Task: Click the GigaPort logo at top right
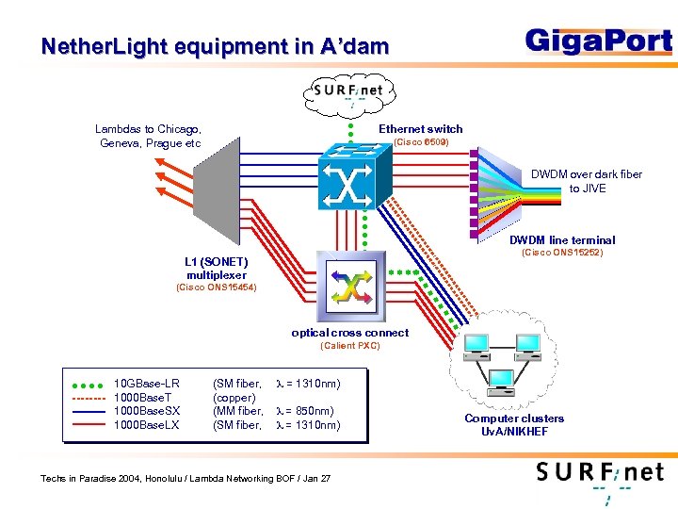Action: (x=598, y=42)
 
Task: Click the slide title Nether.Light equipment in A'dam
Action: (x=215, y=46)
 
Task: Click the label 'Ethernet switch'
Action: (x=420, y=129)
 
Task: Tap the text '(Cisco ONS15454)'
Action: (x=217, y=287)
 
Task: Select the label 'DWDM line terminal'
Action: (x=562, y=240)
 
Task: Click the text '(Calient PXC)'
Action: (x=349, y=346)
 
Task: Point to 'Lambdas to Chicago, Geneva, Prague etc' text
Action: (x=149, y=136)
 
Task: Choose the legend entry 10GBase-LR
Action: (x=146, y=384)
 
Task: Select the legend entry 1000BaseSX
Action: (x=144, y=411)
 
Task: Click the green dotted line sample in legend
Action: (x=87, y=385)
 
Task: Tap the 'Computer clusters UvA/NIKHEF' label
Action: (x=514, y=425)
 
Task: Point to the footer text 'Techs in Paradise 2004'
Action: (x=186, y=479)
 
